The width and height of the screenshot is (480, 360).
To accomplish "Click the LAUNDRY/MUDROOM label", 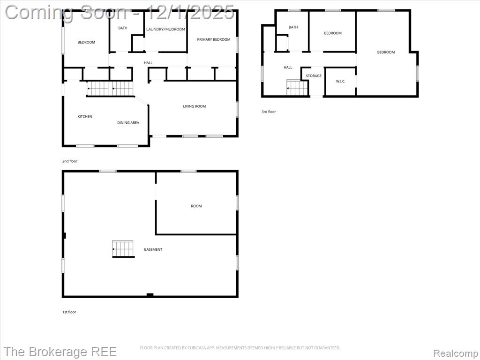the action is point(165,30).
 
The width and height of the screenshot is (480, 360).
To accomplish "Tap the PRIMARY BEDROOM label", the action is point(214,39).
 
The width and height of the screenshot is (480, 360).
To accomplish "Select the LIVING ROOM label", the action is point(195,106).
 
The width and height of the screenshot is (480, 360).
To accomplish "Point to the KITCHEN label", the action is point(85,117).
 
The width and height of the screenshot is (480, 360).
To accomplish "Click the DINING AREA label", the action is point(128,123).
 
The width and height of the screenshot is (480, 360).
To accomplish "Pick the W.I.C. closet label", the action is point(340,82).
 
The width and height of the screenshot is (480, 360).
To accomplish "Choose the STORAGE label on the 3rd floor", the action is point(314,76).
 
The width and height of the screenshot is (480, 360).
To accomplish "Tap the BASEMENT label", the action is point(153,249).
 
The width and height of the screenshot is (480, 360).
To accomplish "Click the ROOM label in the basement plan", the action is point(196,206).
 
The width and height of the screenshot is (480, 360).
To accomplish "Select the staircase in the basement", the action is point(123,249).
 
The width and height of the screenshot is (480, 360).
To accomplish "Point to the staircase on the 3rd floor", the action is point(297,87).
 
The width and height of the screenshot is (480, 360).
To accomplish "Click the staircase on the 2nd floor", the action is point(111,89).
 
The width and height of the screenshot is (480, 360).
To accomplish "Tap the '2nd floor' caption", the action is point(70,161).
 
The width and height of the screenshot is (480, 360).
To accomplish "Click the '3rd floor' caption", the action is point(269,112).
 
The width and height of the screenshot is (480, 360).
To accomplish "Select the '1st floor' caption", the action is point(69,312).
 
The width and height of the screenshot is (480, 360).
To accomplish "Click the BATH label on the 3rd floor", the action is point(293,27).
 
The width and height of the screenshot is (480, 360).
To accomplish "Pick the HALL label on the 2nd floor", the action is point(148,63).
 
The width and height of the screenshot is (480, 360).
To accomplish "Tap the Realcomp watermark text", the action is point(456,353).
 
